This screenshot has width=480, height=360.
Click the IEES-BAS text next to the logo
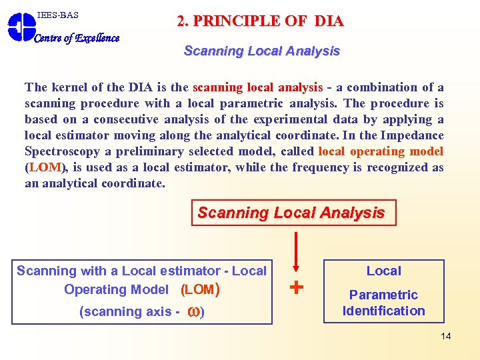click(58, 14)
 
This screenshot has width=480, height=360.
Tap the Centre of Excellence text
click(77, 38)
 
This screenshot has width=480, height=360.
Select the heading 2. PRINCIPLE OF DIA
click(260, 21)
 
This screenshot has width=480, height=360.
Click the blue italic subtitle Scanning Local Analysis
click(261, 51)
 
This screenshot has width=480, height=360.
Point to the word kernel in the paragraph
click(69, 87)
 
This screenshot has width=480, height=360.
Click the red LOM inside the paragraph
click(45, 167)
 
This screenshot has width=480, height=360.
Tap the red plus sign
click(297, 287)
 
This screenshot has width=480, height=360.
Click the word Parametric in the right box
click(383, 295)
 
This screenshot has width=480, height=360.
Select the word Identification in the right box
click(383, 311)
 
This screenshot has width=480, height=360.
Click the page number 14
click(445, 336)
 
